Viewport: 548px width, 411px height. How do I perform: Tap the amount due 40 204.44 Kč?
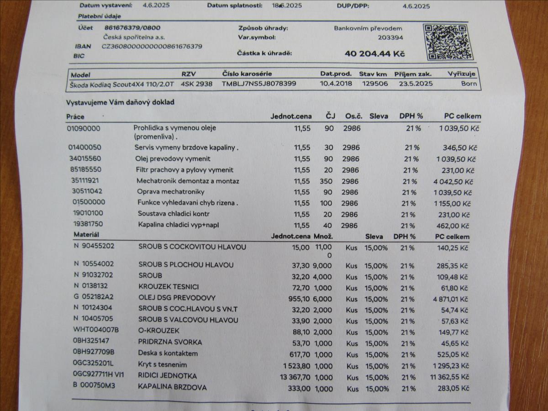(x=374, y=53)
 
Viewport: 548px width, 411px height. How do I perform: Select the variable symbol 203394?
(x=390, y=38)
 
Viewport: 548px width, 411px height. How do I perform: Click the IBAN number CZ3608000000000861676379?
(x=152, y=46)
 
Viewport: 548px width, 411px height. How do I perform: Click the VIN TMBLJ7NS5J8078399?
(x=259, y=84)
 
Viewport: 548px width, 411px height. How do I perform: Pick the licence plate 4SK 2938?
(x=196, y=84)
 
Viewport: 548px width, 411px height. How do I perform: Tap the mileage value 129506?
(x=375, y=84)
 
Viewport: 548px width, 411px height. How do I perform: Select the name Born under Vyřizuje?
(x=469, y=84)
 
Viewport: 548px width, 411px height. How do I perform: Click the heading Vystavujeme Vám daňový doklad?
(x=120, y=102)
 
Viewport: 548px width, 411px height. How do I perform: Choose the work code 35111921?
(x=85, y=181)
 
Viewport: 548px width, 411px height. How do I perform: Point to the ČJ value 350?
(x=326, y=181)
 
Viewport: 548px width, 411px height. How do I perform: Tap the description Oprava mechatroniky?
(x=171, y=192)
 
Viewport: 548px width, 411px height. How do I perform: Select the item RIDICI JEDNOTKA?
(x=167, y=376)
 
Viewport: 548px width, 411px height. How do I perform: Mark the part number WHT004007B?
(x=96, y=330)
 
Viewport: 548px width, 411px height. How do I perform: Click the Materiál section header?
(x=86, y=235)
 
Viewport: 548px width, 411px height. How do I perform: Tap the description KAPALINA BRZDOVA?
(x=172, y=387)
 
